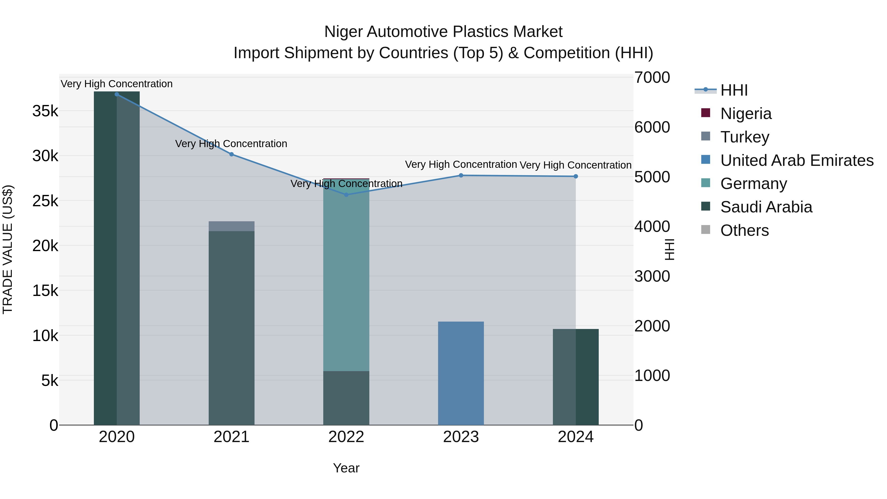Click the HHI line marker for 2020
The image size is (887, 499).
click(x=117, y=94)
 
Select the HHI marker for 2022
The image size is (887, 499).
click(x=346, y=195)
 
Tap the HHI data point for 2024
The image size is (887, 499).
click(x=576, y=176)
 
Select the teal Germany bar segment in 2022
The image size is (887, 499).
click(x=346, y=275)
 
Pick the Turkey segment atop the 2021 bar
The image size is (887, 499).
click(x=231, y=226)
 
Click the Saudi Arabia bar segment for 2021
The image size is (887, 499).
click(x=231, y=327)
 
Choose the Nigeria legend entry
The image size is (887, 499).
click(x=746, y=114)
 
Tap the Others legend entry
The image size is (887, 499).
click(x=744, y=230)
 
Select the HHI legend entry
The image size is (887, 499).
click(x=734, y=90)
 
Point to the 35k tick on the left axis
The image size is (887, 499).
click(x=45, y=111)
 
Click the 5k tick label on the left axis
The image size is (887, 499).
click(x=50, y=380)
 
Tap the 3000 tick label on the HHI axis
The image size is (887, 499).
click(x=652, y=276)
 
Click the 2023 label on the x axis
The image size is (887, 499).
click(x=461, y=437)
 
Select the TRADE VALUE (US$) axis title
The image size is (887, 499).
click(x=8, y=249)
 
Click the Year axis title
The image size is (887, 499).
click(x=346, y=468)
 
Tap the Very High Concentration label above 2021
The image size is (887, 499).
click(x=231, y=144)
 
